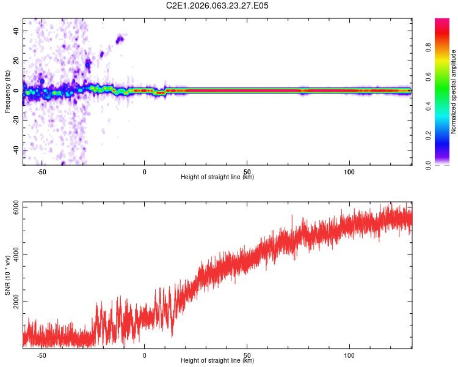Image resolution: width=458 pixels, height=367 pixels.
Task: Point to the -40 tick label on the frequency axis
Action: (x=17, y=150)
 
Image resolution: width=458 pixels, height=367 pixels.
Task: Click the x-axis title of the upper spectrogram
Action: (x=217, y=177)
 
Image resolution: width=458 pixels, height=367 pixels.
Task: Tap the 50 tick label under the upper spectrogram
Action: (x=247, y=171)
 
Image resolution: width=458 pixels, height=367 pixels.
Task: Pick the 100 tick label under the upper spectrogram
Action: (x=349, y=171)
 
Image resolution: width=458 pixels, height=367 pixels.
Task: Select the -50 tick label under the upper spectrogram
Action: (x=42, y=171)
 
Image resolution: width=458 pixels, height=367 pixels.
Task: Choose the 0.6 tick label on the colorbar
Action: (x=429, y=77)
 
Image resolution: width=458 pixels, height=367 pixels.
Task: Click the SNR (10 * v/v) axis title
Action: (x=7, y=276)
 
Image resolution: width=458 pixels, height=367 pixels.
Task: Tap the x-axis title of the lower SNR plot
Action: (x=217, y=360)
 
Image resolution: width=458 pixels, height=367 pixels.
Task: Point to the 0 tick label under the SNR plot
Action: (x=145, y=354)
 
